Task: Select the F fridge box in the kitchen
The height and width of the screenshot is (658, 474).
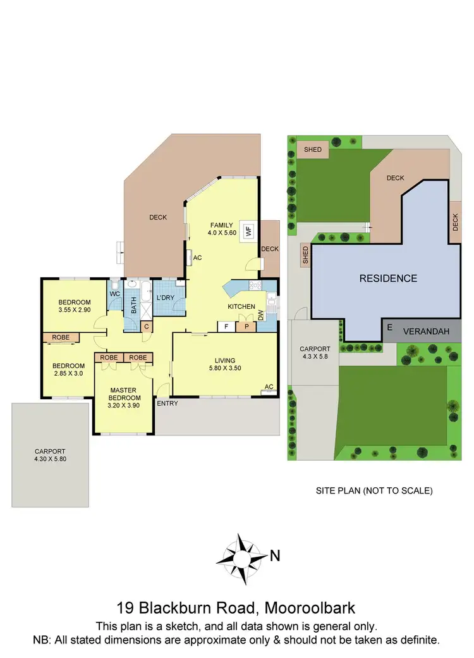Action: (226, 327)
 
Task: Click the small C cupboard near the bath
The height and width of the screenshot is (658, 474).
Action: (146, 326)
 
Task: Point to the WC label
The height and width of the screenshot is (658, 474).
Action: (115, 294)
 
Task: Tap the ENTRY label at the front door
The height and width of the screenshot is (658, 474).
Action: (167, 403)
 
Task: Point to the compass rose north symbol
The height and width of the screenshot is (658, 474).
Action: (241, 557)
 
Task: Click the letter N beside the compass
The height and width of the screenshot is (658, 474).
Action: (275, 557)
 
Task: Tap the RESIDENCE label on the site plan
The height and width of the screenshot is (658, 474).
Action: (388, 278)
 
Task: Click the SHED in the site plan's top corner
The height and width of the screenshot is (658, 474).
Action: (313, 150)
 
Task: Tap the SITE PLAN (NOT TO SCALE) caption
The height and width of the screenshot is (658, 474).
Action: (374, 490)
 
